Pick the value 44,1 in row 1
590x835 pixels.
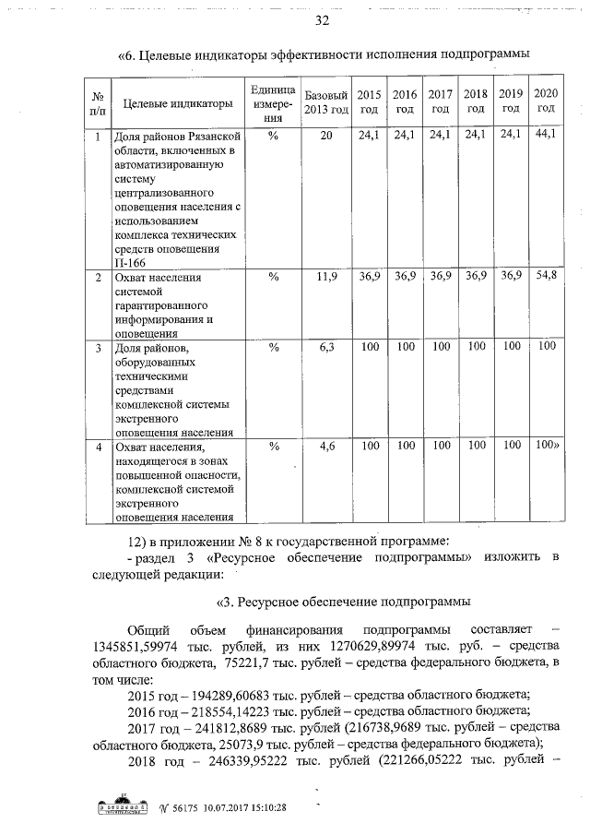[x=546, y=136]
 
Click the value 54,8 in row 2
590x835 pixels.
[x=546, y=277]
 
